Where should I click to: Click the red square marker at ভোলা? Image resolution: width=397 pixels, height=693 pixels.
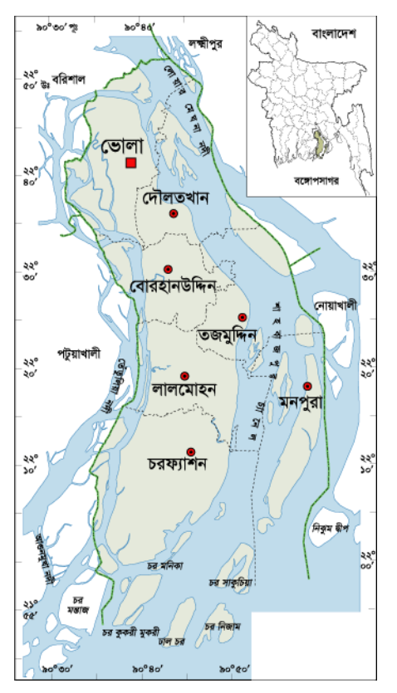131,163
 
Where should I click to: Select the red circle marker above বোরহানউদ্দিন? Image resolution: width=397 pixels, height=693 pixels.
168,269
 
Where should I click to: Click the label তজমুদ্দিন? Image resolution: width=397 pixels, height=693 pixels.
229,336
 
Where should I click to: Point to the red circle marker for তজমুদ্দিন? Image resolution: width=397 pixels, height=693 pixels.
242,317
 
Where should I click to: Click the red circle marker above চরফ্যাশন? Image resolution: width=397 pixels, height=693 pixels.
191,451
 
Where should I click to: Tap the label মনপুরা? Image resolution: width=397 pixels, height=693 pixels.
301,400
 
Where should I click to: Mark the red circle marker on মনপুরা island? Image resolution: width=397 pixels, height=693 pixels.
307,386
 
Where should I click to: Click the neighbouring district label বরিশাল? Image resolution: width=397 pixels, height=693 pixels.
69,77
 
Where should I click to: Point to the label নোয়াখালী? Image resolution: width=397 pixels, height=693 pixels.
336,305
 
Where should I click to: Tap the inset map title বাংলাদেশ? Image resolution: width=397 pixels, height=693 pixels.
334,34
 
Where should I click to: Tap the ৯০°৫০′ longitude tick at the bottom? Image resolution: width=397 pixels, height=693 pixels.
235,669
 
